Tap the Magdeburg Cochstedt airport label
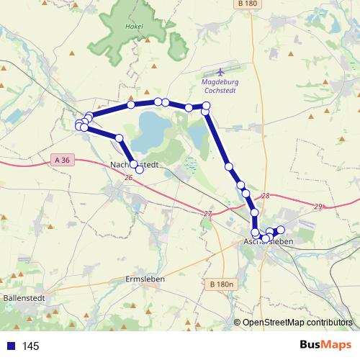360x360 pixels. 219,87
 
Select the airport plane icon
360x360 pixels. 219,72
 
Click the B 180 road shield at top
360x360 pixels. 246,4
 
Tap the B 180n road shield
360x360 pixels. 223,284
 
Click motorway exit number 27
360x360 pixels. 208,214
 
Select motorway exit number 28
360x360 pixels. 266,196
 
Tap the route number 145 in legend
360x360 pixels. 30,346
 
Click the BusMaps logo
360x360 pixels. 325,345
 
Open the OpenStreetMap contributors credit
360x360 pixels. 297,323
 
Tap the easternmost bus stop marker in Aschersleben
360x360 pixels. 281,229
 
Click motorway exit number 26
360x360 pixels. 128,177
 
